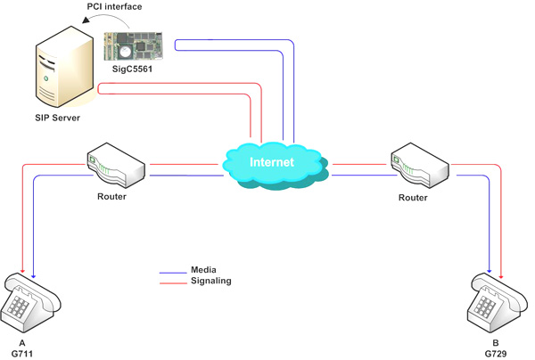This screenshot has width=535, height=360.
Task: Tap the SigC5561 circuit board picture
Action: click(x=134, y=46)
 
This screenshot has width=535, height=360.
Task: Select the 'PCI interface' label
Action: click(x=114, y=6)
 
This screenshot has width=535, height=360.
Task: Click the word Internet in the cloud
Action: click(x=272, y=162)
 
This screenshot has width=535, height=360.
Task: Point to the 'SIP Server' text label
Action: click(x=57, y=118)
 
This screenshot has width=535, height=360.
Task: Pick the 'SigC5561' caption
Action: click(x=132, y=70)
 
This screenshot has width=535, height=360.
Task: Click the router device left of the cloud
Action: click(x=116, y=166)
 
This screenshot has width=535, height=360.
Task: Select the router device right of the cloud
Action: click(x=419, y=166)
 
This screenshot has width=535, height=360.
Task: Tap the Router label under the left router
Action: click(x=112, y=197)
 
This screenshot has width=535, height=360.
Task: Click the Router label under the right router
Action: click(x=413, y=198)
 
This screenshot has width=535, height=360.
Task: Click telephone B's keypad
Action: click(x=485, y=306)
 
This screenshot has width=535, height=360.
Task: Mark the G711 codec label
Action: click(x=22, y=354)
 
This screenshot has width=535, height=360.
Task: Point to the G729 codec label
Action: click(x=496, y=354)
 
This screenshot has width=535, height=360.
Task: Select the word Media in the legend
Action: click(x=203, y=270)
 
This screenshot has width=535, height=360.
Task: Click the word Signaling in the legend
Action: click(x=210, y=281)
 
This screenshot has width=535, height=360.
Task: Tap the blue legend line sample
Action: click(x=173, y=273)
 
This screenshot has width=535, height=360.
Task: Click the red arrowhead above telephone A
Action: click(x=22, y=270)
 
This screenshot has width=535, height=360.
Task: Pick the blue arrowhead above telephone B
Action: click(x=490, y=270)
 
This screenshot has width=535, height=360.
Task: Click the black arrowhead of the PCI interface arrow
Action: click(x=86, y=20)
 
